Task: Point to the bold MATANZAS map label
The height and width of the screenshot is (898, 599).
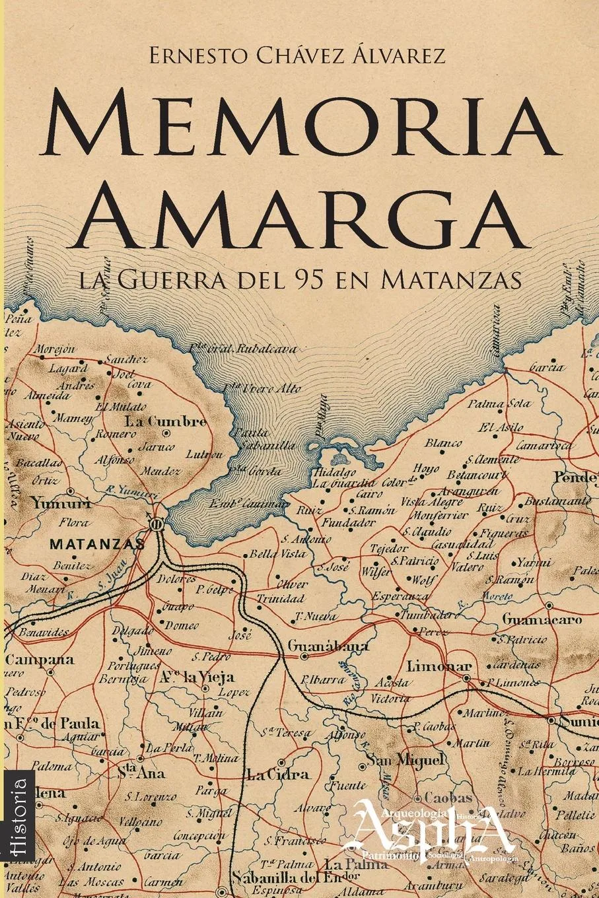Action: tap(97, 545)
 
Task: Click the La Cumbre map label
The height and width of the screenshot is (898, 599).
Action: tap(166, 422)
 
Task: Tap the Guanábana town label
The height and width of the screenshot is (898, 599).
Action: tap(328, 647)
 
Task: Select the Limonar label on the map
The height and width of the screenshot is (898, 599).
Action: tap(440, 666)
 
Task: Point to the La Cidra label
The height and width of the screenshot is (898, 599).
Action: tap(277, 773)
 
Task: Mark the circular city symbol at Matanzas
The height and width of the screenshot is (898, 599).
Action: tap(156, 525)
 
